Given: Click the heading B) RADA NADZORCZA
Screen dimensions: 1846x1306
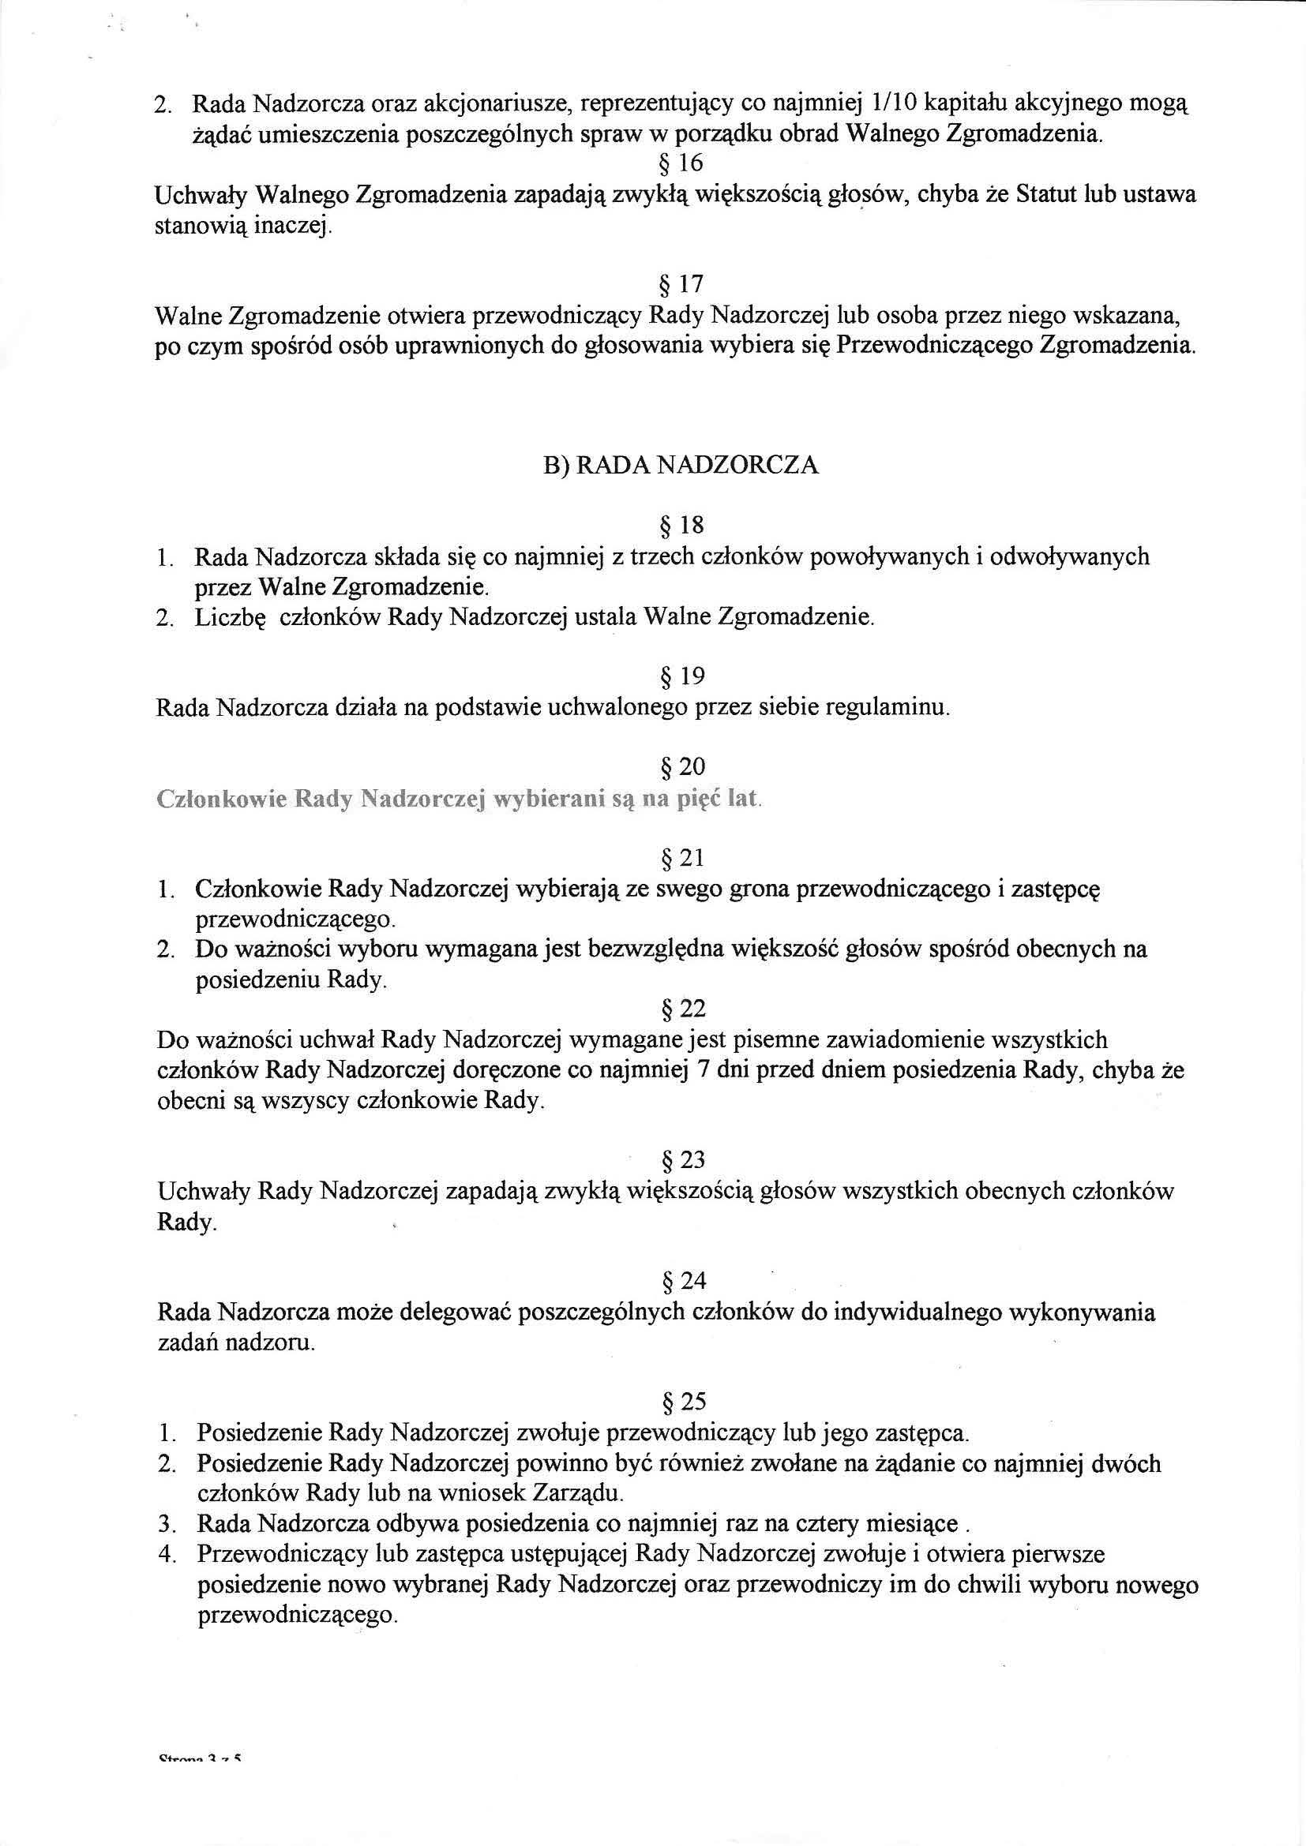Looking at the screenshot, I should pyautogui.click(x=681, y=466).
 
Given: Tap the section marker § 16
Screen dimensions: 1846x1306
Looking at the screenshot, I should pyautogui.click(x=681, y=163).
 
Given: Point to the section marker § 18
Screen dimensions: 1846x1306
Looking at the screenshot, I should pyautogui.click(x=681, y=526).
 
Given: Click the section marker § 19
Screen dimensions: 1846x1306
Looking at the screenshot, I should pyautogui.click(x=681, y=677).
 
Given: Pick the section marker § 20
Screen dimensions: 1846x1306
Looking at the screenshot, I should pyautogui.click(x=681, y=769).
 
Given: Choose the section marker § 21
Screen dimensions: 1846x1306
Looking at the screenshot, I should pyautogui.click(x=681, y=859).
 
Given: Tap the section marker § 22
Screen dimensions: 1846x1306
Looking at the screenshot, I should pyautogui.click(x=681, y=1009).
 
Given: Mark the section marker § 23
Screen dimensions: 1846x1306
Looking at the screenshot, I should pyautogui.click(x=681, y=1160).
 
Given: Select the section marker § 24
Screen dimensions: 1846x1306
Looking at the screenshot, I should pyautogui.click(x=681, y=1281).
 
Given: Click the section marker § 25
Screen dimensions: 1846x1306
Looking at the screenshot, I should pyautogui.click(x=681, y=1402).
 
